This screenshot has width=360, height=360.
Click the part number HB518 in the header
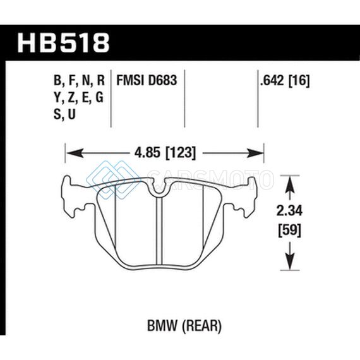point(63,43)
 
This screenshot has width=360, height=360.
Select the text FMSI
point(130,81)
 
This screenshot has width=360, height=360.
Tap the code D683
point(162,81)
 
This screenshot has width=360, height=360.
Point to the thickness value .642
point(272,81)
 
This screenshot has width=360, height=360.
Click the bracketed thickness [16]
point(299,81)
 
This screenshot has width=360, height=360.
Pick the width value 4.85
point(147,153)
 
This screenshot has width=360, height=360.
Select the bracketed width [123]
point(181,153)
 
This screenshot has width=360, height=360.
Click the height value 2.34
point(289,211)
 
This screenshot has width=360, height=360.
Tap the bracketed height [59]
point(289,231)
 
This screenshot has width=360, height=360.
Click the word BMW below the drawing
point(162,326)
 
